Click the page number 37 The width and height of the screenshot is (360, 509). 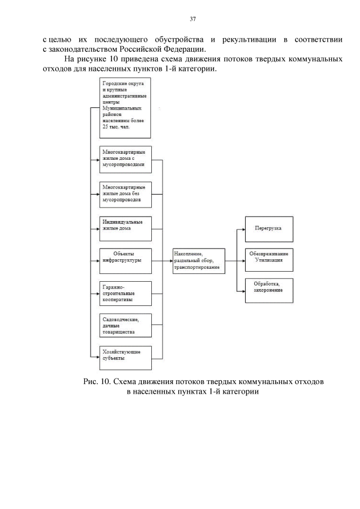[x=193, y=19]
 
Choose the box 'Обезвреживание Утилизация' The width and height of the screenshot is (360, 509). [x=268, y=259]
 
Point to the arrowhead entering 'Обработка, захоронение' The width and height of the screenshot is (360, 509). [x=242, y=291]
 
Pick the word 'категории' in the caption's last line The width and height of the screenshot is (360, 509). [x=241, y=391]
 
